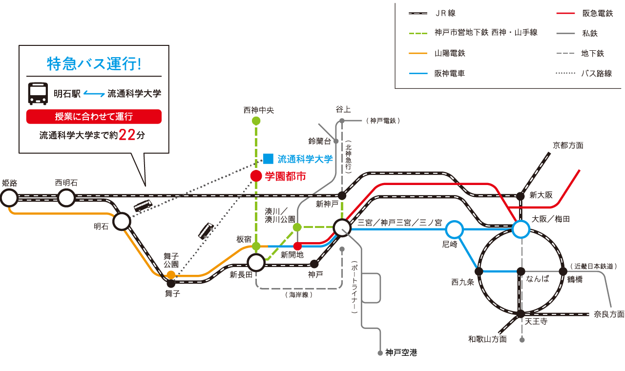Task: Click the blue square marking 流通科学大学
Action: tap(268, 159)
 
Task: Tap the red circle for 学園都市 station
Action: tap(256, 176)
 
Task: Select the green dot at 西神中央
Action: tap(256, 121)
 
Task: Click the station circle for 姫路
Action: tap(9, 198)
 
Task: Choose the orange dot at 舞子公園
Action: tap(171, 275)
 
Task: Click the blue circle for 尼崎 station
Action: tap(454, 228)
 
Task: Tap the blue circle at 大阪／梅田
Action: tap(521, 228)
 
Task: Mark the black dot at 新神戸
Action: tap(342, 195)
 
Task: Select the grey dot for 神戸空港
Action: tap(380, 352)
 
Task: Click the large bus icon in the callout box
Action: tap(38, 93)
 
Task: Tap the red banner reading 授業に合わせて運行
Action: tap(94, 117)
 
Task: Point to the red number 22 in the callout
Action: tap(127, 135)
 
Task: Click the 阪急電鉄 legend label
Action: tap(597, 14)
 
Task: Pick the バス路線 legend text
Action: tap(596, 74)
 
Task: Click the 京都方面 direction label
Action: tap(568, 145)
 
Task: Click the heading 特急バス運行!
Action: tap(94, 63)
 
